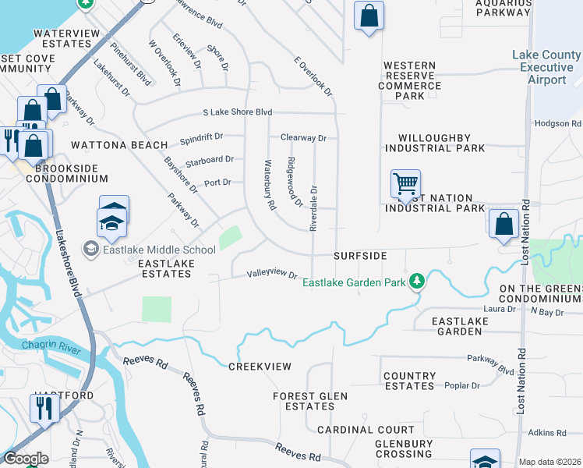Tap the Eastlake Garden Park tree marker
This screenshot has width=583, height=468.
point(418,281)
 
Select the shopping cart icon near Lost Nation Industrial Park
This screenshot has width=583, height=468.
point(405,185)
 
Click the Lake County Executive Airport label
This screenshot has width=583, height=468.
point(546,68)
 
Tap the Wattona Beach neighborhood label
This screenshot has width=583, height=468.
point(119,145)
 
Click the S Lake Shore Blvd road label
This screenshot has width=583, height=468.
point(237,112)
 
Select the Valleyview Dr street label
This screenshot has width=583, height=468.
point(273,275)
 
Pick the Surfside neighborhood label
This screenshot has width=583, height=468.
point(360,256)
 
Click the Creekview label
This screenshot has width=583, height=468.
point(260,367)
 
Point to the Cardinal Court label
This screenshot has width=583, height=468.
point(366,430)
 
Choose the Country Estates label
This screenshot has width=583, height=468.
point(409,381)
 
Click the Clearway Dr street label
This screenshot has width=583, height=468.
point(303,138)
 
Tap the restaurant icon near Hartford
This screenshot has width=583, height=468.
point(44,406)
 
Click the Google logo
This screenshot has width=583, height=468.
point(26,459)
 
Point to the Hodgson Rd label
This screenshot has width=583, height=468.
point(558,124)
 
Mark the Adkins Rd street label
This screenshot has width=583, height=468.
point(546,433)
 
